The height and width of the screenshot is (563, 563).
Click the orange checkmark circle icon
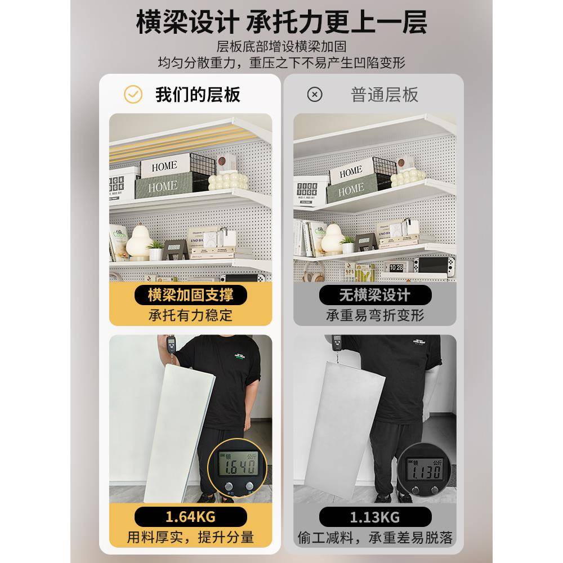[x=133, y=95]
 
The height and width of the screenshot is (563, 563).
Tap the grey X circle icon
[x=315, y=95]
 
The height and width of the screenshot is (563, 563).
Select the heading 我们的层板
[x=198, y=95]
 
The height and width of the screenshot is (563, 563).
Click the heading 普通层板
[x=385, y=95]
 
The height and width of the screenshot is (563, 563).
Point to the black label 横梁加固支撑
[x=190, y=294]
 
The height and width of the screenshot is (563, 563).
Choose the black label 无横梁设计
[x=375, y=294]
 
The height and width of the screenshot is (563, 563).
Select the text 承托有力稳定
[x=190, y=315]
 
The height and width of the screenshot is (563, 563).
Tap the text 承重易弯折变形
[x=375, y=315]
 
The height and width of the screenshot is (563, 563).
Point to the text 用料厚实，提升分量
[x=190, y=537]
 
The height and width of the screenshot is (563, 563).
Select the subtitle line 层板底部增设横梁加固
[x=281, y=46]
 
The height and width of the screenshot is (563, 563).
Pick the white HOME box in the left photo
[x=164, y=166]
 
